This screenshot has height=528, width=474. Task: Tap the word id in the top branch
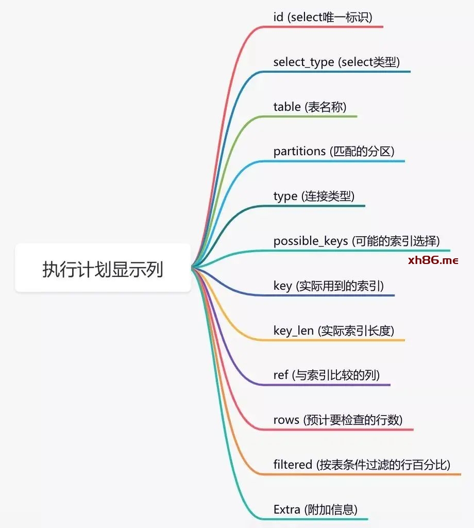pyautogui.click(x=278, y=17)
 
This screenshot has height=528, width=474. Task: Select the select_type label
pyautogui.click(x=304, y=62)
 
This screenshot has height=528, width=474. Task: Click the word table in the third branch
pyautogui.click(x=287, y=107)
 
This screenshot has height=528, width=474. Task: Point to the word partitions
pyautogui.click(x=299, y=152)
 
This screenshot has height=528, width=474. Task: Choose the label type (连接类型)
pyautogui.click(x=314, y=196)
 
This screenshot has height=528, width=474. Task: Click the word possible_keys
pyautogui.click(x=311, y=241)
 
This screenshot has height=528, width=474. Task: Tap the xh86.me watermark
pyautogui.click(x=433, y=260)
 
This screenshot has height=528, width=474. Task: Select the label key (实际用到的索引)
pyautogui.click(x=329, y=286)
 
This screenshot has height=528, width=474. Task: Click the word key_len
pyautogui.click(x=294, y=331)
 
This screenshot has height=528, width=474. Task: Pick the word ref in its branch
pyautogui.click(x=281, y=375)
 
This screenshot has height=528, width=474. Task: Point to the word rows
pyautogui.click(x=286, y=420)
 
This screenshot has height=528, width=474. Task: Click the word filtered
pyautogui.click(x=293, y=465)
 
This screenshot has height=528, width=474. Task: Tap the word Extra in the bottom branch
pyautogui.click(x=286, y=509)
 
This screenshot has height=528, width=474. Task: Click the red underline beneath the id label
pyautogui.click(x=321, y=27)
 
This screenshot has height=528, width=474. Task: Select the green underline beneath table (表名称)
pyautogui.click(x=308, y=117)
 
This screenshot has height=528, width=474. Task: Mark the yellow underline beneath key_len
pyautogui.click(x=332, y=340)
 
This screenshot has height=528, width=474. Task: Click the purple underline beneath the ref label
pyautogui.click(x=325, y=385)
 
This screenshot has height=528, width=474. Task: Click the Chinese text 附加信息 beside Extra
pyautogui.click(x=331, y=509)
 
